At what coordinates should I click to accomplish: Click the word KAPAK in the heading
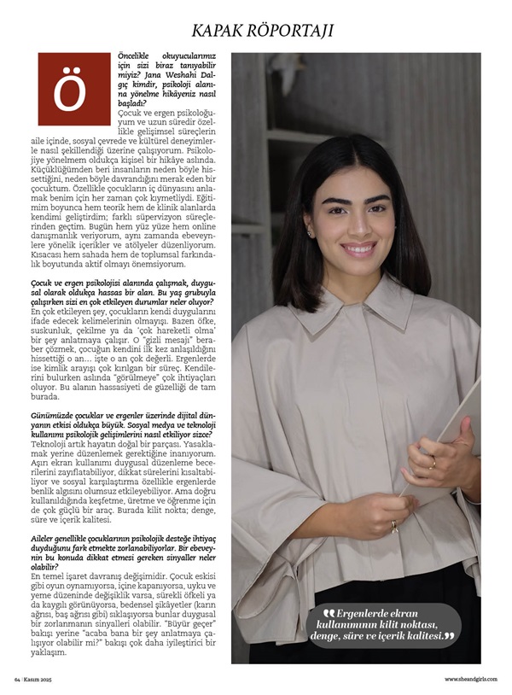pyautogui.click(x=224, y=31)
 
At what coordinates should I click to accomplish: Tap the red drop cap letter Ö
pyautogui.click(x=74, y=90)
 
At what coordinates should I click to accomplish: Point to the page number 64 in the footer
pyautogui.click(x=17, y=679)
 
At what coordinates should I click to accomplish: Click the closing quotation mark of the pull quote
pyautogui.click(x=449, y=636)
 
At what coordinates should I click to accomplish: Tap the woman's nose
pyautogui.click(x=357, y=228)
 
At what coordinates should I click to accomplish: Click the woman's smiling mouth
pyautogui.click(x=359, y=248)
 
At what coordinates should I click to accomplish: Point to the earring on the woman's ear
pyautogui.click(x=311, y=231)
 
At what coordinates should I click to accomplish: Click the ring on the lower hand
pyautogui.click(x=394, y=525)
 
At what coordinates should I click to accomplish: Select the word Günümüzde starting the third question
pyautogui.click(x=54, y=414)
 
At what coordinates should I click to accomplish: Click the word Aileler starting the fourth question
pyautogui.click(x=45, y=540)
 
